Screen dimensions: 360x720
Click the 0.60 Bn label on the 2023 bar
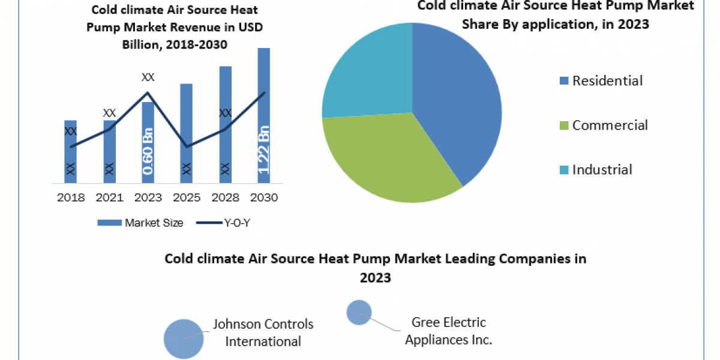click(x=148, y=151)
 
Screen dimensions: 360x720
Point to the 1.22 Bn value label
click(x=263, y=150)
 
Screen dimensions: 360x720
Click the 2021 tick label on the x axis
click(x=109, y=197)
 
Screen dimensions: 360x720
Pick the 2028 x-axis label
click(x=225, y=197)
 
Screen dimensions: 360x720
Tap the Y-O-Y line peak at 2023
click(x=148, y=92)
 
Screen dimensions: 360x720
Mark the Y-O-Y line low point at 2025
click(x=186, y=146)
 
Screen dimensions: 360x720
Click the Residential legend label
click(x=607, y=80)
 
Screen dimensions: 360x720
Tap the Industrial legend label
click(x=602, y=169)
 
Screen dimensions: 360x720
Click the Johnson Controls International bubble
click(x=184, y=338)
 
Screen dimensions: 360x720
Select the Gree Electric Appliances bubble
click(x=359, y=313)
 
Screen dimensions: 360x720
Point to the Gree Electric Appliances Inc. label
click(x=448, y=331)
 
